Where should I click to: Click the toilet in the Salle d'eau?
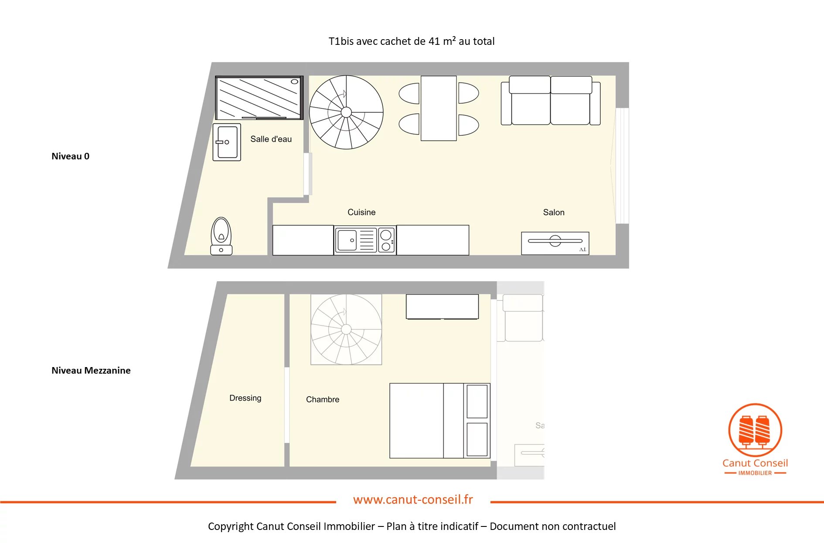tap(221, 236)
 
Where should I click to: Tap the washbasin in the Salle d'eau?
tap(227, 142)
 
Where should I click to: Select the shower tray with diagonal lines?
tap(259, 98)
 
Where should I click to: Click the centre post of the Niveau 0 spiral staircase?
tap(346, 112)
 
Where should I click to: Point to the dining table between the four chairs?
tap(439, 108)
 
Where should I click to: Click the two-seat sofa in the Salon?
tap(551, 101)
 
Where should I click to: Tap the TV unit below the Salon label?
tap(555, 243)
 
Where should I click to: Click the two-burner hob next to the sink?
tap(386, 240)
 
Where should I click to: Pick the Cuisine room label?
tap(361, 212)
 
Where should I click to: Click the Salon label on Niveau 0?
tap(554, 212)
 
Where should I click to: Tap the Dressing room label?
tap(245, 398)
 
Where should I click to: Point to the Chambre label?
tap(323, 399)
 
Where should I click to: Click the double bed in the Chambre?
tap(440, 421)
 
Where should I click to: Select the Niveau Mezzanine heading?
tap(91, 371)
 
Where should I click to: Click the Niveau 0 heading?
tap(71, 156)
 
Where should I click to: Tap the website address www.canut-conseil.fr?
tap(413, 499)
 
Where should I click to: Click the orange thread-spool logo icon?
tap(755, 430)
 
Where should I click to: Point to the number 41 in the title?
tap(434, 41)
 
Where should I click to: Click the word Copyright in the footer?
tap(231, 526)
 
